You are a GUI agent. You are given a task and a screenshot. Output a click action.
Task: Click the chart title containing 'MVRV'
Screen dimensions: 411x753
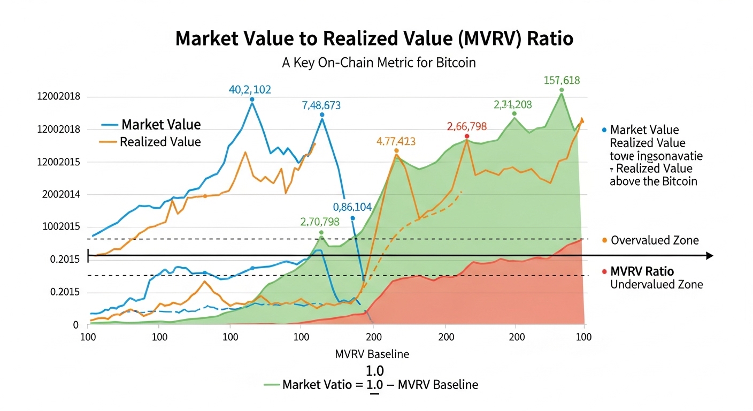pos(374,39)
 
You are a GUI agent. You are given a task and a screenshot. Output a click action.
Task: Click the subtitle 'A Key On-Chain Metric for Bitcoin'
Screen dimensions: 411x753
pos(379,63)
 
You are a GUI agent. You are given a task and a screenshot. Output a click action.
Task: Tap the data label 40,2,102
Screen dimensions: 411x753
pos(250,90)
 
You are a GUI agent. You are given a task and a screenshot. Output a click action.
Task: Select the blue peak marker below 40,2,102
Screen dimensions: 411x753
pos(252,100)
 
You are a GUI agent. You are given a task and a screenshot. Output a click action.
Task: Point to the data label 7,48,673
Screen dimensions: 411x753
pos(321,105)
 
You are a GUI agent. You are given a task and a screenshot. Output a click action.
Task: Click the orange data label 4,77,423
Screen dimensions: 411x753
pos(396,142)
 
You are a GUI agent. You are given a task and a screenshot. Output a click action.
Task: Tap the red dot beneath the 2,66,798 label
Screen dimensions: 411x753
pos(467,136)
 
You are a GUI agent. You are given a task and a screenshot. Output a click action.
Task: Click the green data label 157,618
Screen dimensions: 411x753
pos(561,81)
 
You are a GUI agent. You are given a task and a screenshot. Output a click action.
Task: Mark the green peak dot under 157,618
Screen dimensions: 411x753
pos(562,90)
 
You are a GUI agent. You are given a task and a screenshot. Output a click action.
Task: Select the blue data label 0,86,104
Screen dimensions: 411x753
pos(352,208)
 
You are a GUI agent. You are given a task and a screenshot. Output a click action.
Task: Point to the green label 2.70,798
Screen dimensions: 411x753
pos(320,222)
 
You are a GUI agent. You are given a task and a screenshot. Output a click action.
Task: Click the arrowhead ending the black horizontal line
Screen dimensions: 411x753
pos(710,256)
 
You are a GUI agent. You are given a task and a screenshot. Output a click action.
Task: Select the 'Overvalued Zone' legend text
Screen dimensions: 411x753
pos(654,240)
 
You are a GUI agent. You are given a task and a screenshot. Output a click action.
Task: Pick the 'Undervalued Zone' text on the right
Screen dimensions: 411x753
pos(656,284)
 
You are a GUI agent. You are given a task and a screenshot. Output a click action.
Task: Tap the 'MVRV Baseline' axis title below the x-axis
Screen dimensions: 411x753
pos(372,354)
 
